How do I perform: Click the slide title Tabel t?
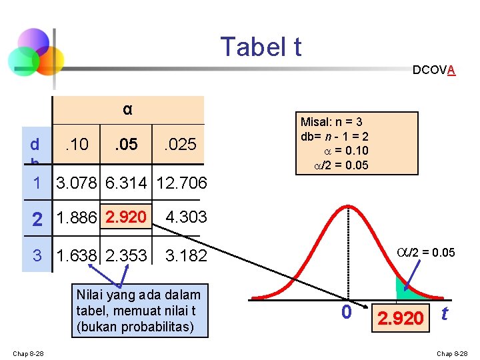coord(261,47)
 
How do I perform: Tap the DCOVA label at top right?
coord(434,69)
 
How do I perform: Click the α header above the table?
coord(127,109)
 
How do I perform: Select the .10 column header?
coord(77,143)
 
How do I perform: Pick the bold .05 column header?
coord(125,143)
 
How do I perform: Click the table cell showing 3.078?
coord(78,183)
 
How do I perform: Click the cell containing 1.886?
coord(78,217)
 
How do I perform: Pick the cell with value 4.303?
coord(186,217)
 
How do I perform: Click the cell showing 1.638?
coord(78,255)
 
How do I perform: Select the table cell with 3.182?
coord(186,255)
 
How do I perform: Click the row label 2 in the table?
coord(38,218)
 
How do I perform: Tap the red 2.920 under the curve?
coord(400,318)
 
